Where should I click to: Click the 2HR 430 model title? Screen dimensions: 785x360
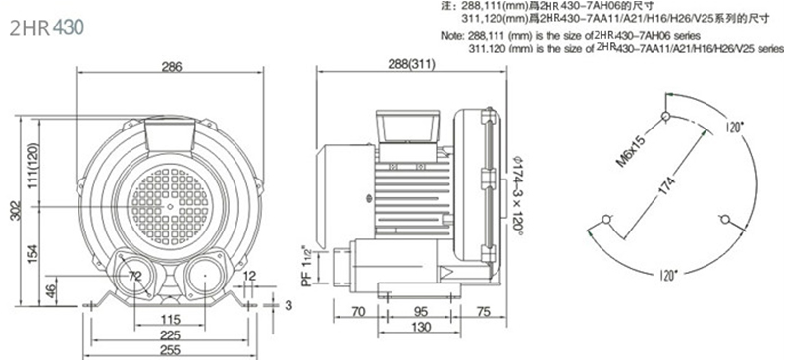(x=46, y=28)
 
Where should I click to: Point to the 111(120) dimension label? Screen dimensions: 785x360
(x=33, y=165)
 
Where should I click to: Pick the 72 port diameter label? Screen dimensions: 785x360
(x=135, y=276)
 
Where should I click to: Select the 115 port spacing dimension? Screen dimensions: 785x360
(x=171, y=320)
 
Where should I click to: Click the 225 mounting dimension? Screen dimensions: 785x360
(x=171, y=334)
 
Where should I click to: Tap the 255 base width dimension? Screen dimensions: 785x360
(x=171, y=350)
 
